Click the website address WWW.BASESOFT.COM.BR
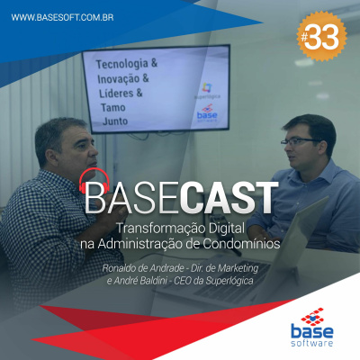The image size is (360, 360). tap(60, 16)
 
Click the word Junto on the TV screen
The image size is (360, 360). tap(115, 121)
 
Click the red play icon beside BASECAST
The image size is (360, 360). tap(92, 184)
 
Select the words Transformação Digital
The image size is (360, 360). tap(183, 229)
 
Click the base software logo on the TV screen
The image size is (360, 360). tap(206, 114)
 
